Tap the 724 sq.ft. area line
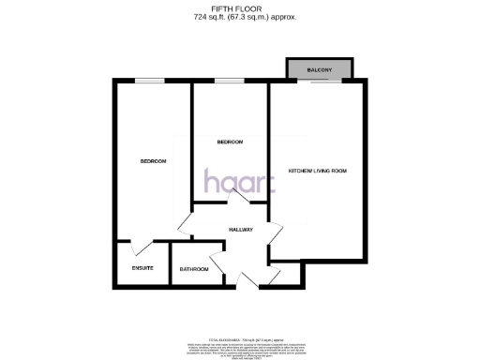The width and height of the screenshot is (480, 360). [x=245, y=17]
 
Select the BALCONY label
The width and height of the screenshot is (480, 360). [x=320, y=69]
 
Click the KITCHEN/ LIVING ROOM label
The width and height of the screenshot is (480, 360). [x=318, y=171]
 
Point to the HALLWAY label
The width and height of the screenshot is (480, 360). [x=241, y=230]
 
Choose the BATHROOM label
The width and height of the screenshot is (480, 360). [x=194, y=269]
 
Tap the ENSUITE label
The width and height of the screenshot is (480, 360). [x=129, y=269]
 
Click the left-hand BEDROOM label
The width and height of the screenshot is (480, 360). [x=153, y=161]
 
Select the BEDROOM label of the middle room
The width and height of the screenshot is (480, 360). [x=230, y=142]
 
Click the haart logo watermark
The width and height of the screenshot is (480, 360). [x=239, y=182]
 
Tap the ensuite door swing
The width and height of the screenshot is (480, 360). [x=140, y=247]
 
